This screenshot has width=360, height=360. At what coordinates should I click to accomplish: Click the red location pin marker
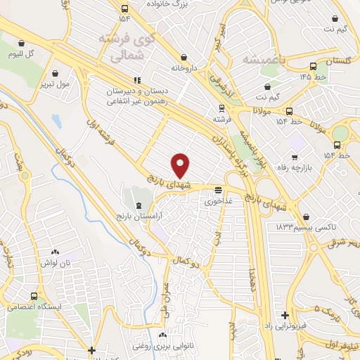point(181,165)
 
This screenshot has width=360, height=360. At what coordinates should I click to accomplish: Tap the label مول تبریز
point(55,84)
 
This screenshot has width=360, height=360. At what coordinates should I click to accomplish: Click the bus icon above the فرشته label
point(222,108)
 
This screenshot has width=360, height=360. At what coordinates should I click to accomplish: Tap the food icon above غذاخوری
point(219,190)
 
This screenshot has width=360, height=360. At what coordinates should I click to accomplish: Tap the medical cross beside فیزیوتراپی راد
point(284,316)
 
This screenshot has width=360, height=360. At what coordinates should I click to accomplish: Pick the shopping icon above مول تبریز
point(55,72)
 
